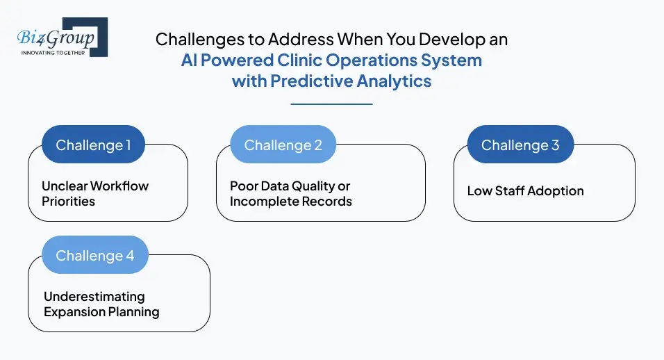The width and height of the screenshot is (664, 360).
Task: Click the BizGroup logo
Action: (61, 38)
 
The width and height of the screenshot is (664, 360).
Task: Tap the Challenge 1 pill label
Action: (93, 145)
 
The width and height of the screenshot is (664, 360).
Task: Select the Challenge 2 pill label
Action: (283, 145)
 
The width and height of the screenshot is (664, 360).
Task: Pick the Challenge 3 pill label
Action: (520, 145)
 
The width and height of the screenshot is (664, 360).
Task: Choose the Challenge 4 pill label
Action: (95, 256)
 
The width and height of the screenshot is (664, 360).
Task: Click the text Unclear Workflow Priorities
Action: (95, 193)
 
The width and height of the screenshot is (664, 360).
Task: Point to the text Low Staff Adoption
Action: (525, 190)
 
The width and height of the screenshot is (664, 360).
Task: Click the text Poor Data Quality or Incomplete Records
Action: (291, 193)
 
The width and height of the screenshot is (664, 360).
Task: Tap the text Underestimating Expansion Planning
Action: (101, 304)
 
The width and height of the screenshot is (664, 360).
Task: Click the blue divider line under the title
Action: (331, 104)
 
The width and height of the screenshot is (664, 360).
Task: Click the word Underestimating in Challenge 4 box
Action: (94, 296)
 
